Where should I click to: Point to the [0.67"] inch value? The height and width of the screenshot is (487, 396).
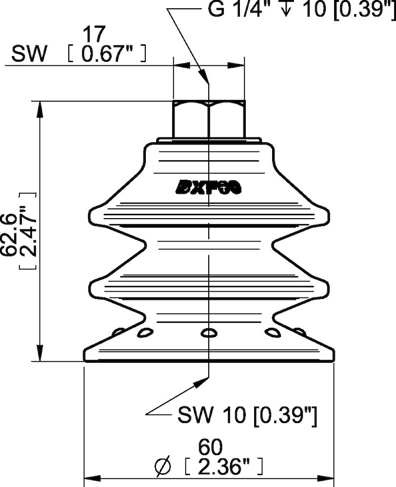click(106, 55)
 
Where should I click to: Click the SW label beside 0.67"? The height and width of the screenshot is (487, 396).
click(29, 55)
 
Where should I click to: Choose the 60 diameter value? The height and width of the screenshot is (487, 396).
click(210, 446)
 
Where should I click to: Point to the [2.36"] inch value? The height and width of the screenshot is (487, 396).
click(224, 468)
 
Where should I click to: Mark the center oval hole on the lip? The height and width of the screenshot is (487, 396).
click(209, 333)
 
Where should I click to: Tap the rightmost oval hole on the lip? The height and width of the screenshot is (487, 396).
click(299, 332)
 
